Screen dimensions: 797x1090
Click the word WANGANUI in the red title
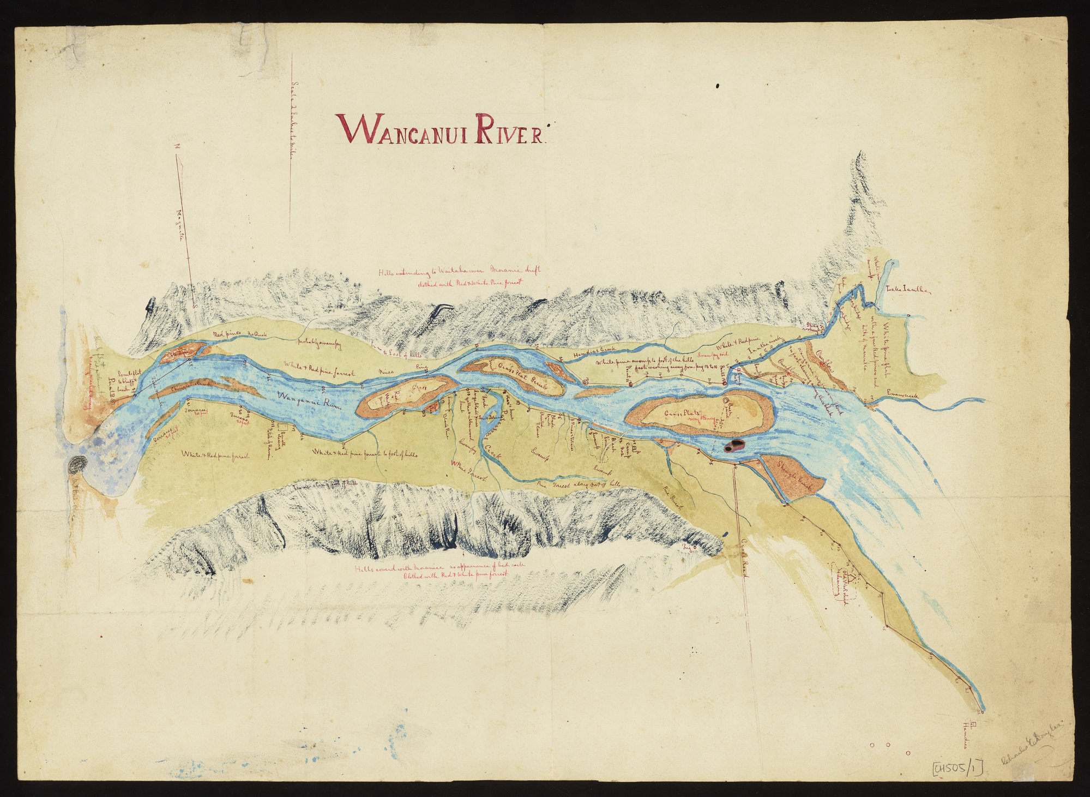pos(404,129)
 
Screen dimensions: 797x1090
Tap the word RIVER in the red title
pos(509,129)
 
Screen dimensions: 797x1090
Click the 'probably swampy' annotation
pos(319,343)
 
